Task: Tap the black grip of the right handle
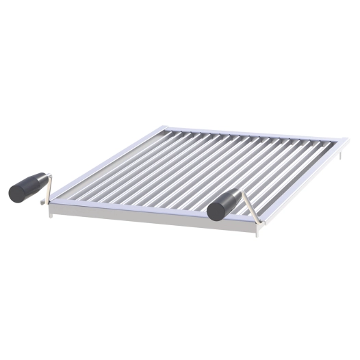226,204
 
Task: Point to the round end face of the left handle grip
16,193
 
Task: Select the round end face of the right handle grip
214,211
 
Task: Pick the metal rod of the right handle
250,207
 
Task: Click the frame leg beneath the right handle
257,232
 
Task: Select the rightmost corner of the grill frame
347,142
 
